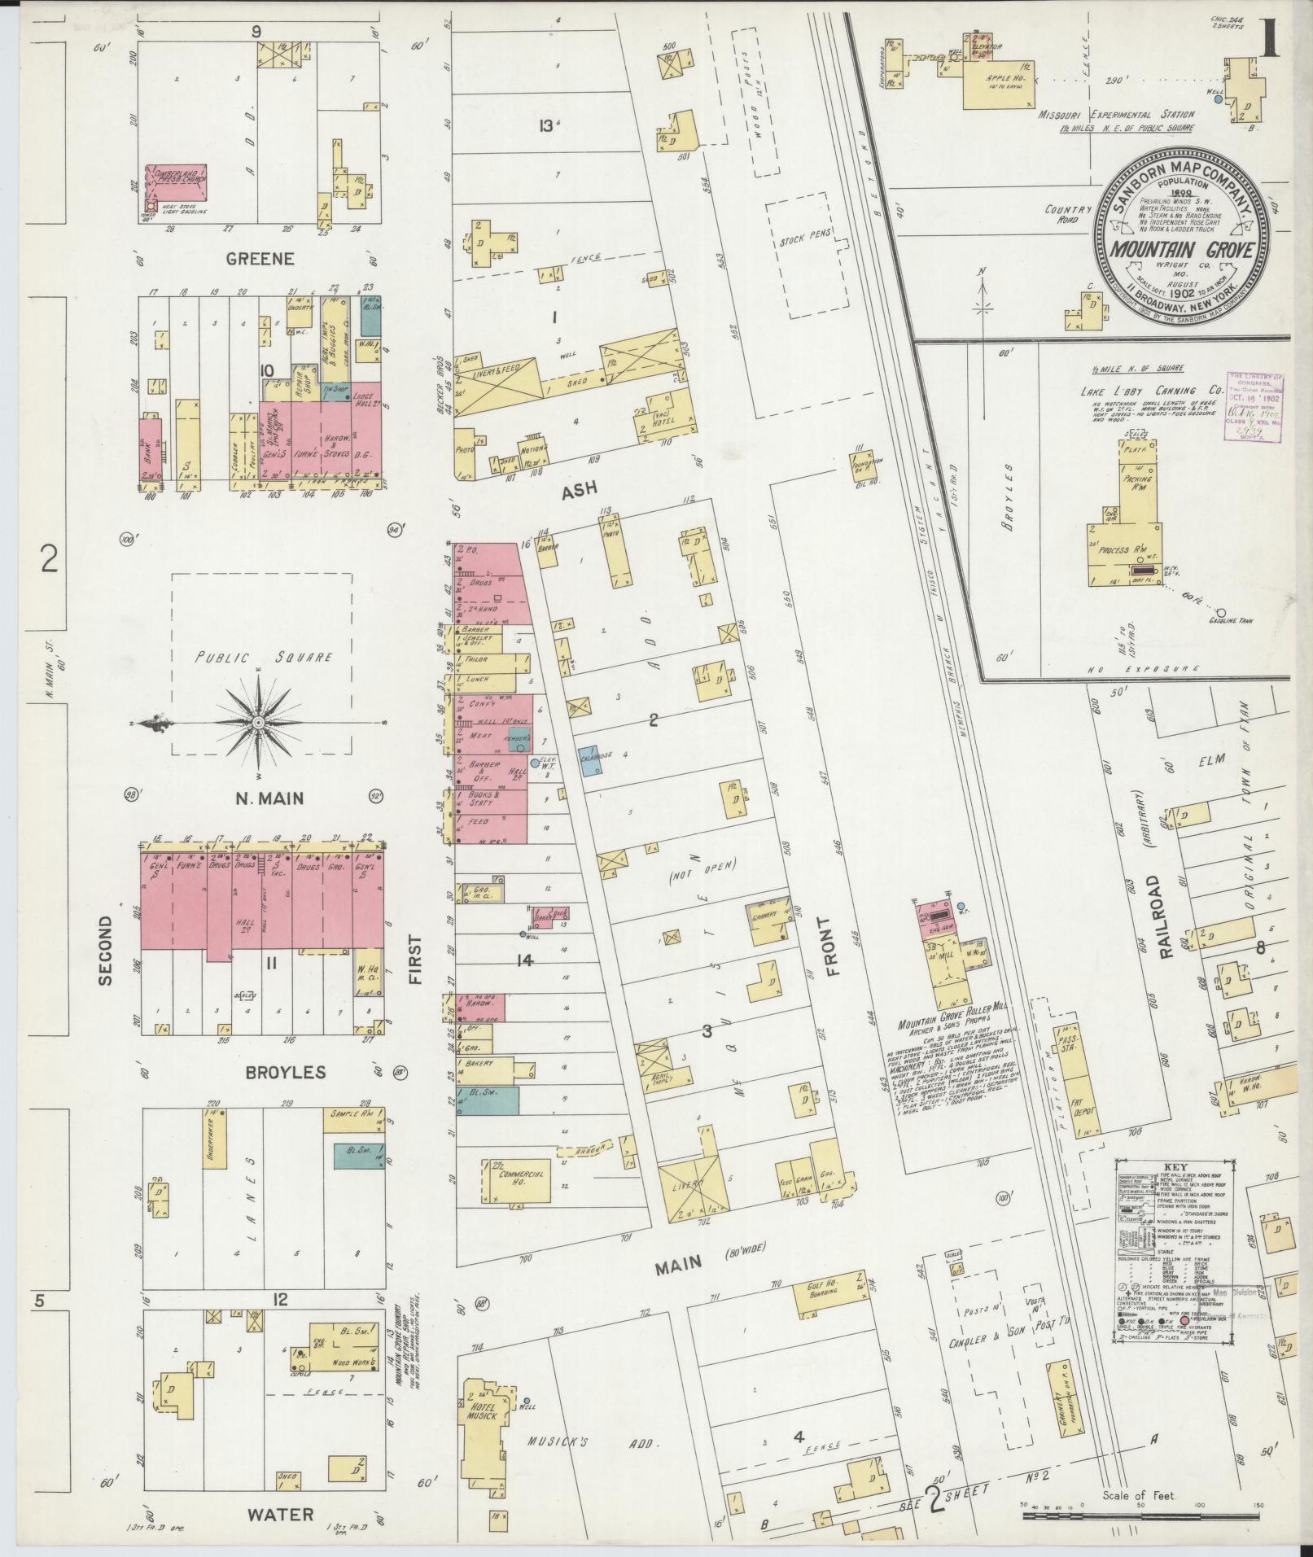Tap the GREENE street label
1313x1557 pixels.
click(259, 259)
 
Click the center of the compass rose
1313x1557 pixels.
click(257, 723)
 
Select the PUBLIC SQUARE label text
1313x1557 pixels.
click(261, 658)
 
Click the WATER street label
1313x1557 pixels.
click(280, 1515)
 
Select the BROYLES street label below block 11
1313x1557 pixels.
click(286, 1072)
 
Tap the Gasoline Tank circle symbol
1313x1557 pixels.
click(1221, 611)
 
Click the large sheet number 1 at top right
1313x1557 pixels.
click(1268, 39)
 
